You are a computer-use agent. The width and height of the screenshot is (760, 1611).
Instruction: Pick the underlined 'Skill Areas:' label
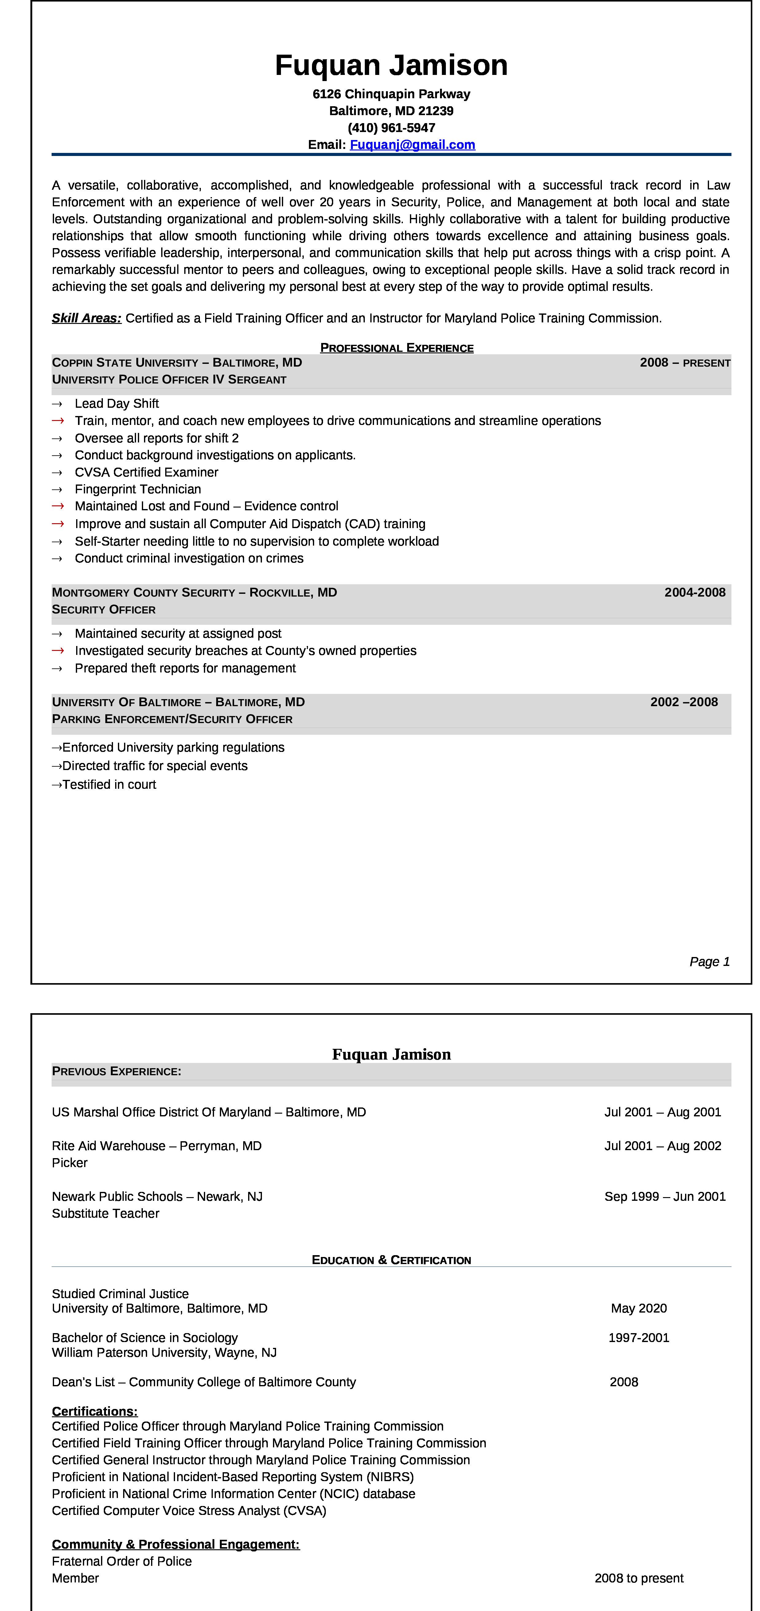[x=86, y=318]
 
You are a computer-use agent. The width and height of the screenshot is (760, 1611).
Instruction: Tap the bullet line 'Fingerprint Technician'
[x=138, y=489]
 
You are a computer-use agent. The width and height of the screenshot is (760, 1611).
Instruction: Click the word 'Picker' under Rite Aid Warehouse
[x=69, y=1163]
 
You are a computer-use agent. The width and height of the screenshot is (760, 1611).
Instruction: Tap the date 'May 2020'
[x=639, y=1308]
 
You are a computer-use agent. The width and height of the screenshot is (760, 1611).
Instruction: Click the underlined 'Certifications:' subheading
[x=95, y=1411]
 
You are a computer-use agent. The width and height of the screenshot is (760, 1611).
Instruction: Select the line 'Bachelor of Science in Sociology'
[x=145, y=1338]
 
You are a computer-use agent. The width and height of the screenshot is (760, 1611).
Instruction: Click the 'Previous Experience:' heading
[x=116, y=1071]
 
